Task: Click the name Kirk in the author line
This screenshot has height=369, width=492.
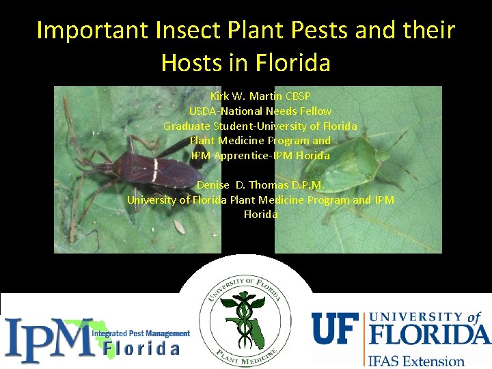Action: [221, 96]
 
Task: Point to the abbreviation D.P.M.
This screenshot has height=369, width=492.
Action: [307, 184]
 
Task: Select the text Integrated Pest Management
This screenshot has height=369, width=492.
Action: [141, 333]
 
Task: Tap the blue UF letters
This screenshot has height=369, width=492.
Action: [336, 328]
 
